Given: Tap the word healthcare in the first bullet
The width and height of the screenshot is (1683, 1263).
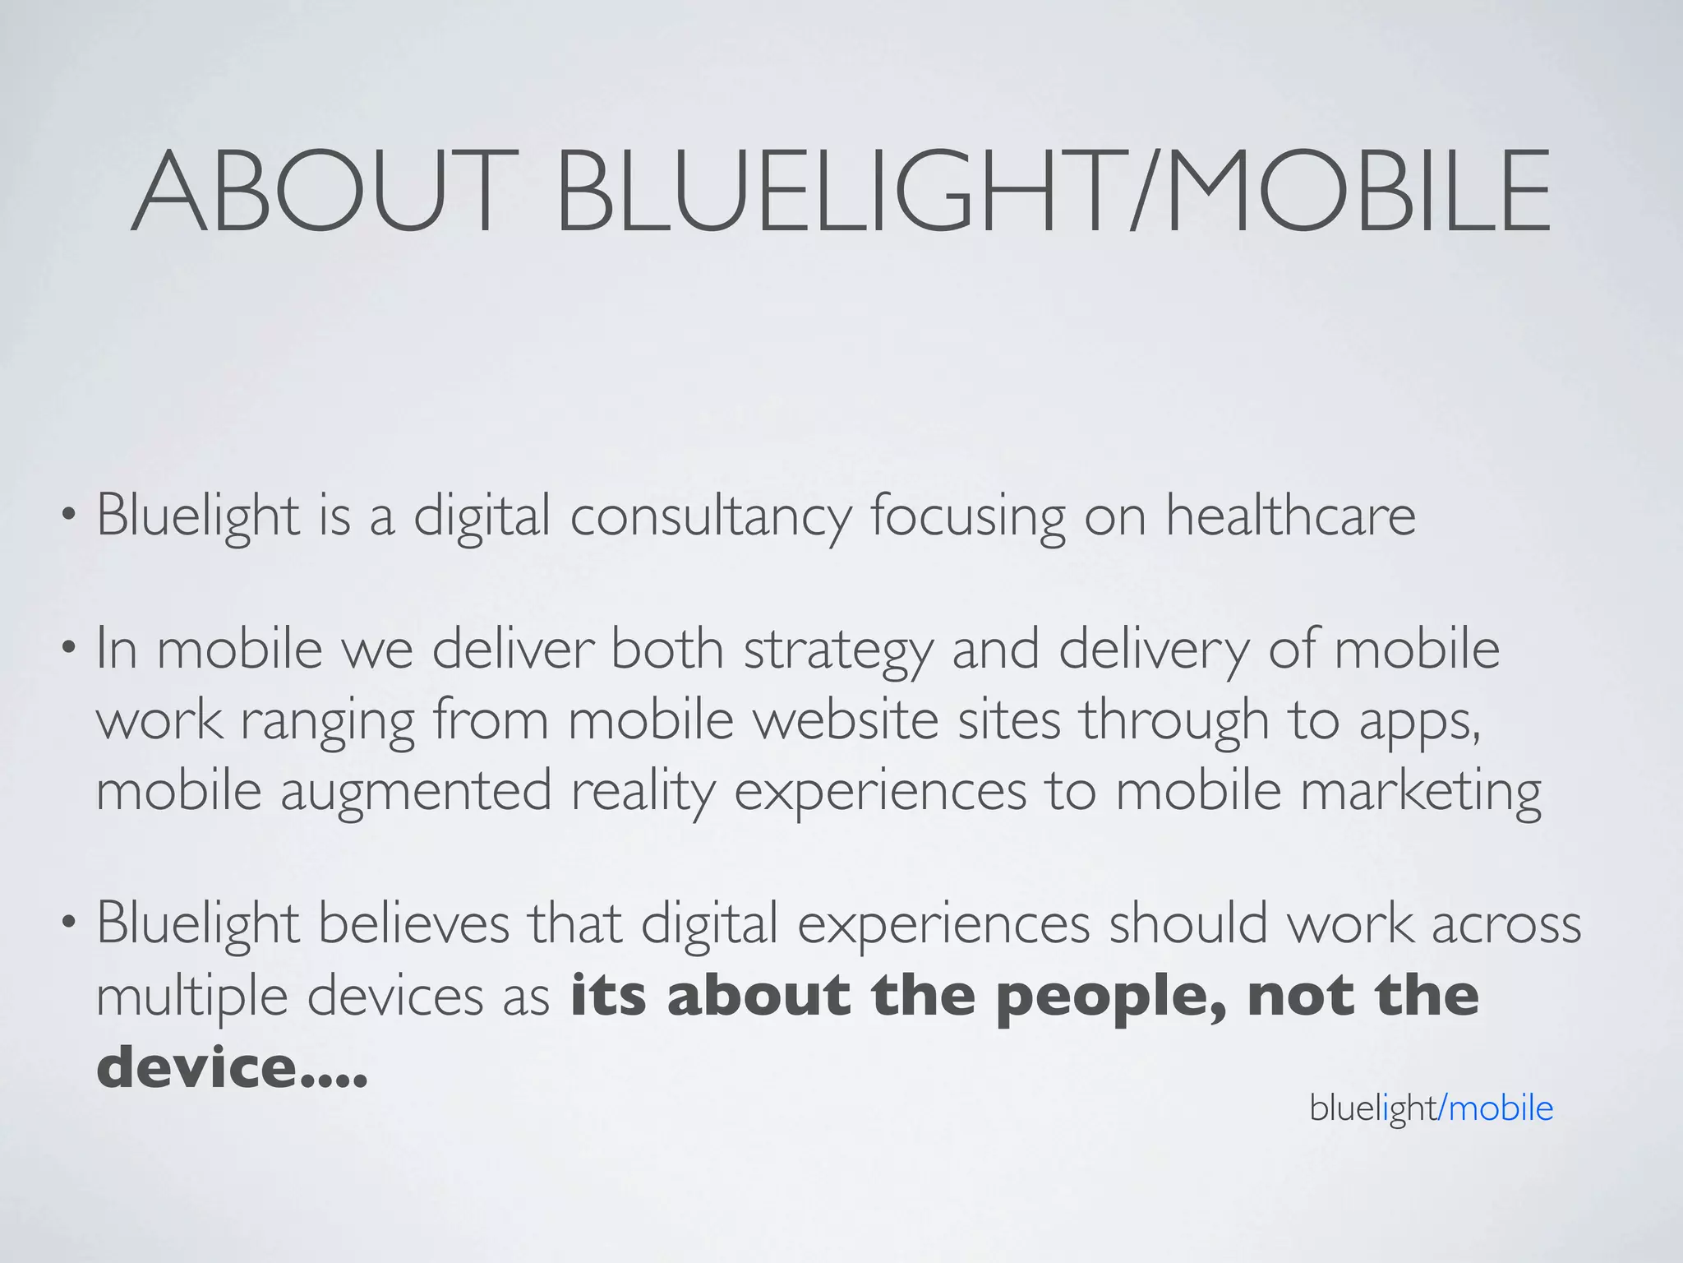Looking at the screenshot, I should tap(1290, 516).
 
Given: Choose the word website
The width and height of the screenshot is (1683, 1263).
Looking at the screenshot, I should tap(846, 719).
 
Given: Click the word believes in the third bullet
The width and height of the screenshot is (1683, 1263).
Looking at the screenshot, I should tap(413, 924).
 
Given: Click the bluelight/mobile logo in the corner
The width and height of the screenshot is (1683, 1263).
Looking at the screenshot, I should tap(1431, 1108).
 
